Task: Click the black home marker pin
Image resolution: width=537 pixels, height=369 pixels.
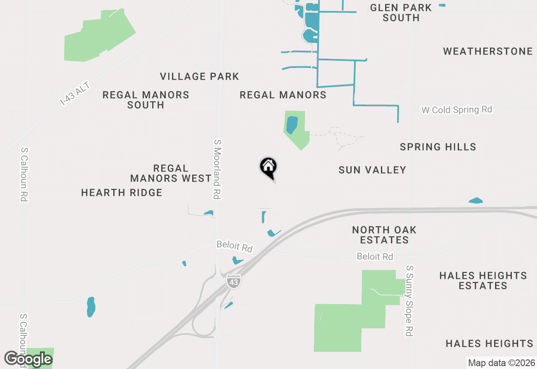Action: click(x=268, y=167)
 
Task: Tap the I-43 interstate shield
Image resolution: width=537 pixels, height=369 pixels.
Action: click(x=233, y=281)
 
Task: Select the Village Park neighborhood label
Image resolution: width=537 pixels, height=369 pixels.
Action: click(x=199, y=77)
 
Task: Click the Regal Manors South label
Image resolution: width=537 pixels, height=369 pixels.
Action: click(x=146, y=100)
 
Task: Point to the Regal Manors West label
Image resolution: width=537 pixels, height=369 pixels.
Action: click(x=171, y=174)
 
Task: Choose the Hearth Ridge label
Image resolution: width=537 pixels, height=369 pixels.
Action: click(x=122, y=193)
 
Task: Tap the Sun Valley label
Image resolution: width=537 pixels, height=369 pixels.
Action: click(x=372, y=170)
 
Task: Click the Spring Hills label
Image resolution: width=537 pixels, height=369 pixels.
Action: click(x=438, y=147)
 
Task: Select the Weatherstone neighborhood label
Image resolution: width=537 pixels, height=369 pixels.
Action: click(x=487, y=52)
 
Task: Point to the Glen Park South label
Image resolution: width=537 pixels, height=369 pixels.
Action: click(x=401, y=13)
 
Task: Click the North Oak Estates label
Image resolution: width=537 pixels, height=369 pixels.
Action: click(x=384, y=235)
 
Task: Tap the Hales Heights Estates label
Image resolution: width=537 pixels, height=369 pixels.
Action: click(x=483, y=281)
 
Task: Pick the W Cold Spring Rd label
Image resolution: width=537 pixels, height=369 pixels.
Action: click(x=456, y=110)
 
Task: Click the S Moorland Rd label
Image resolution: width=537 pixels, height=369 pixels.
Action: click(x=217, y=169)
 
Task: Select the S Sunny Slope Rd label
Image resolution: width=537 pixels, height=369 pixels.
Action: click(x=409, y=300)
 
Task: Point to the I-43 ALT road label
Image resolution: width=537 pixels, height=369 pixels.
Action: click(x=75, y=94)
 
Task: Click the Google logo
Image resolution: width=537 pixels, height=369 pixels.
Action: click(x=28, y=359)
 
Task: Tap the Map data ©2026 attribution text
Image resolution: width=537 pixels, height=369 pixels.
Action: click(x=501, y=363)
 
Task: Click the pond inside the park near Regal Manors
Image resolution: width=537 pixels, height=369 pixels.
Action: click(x=292, y=125)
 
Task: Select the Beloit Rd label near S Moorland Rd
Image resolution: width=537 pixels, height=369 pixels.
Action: click(x=235, y=246)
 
